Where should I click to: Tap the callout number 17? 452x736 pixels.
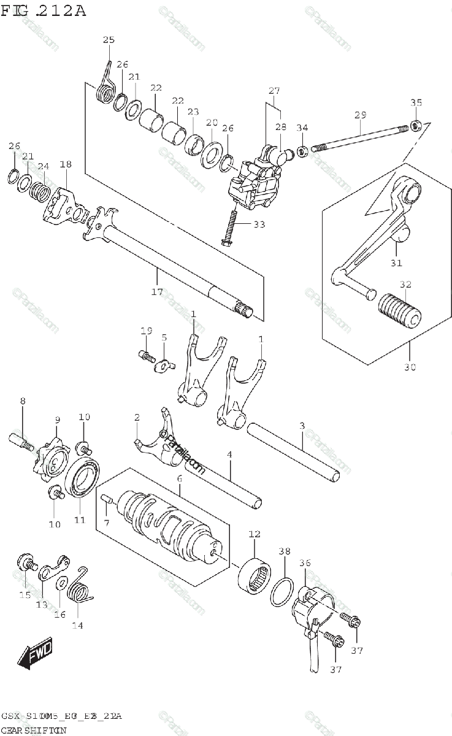[x=158, y=292]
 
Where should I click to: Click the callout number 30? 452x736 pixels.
[x=410, y=367]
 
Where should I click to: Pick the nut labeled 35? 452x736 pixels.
[x=415, y=126]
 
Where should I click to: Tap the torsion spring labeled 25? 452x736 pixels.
[x=106, y=86]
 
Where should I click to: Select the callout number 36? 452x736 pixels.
[x=305, y=563]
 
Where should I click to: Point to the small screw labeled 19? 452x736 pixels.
[x=145, y=355]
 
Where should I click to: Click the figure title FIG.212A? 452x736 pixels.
[x=44, y=10]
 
